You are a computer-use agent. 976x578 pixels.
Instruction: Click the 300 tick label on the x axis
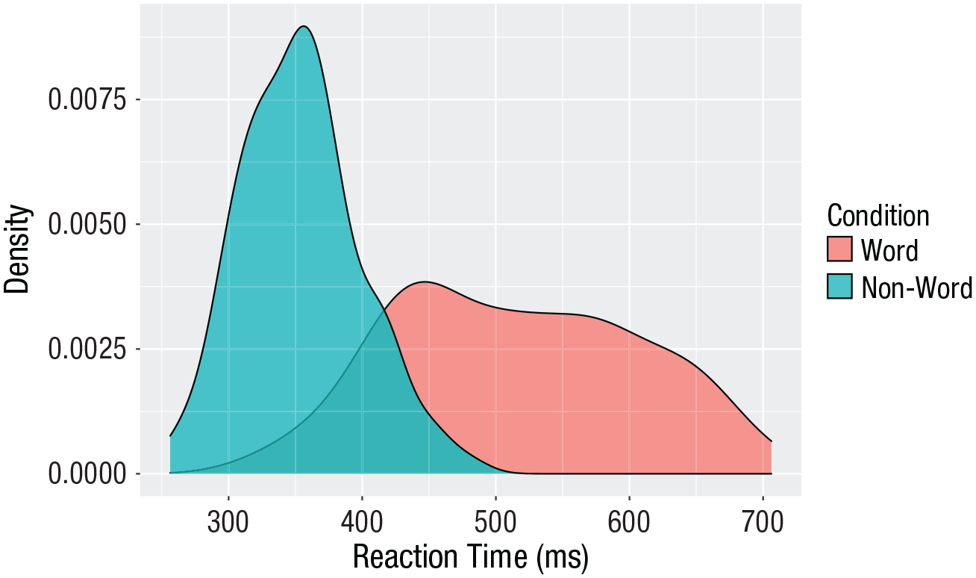[228, 522]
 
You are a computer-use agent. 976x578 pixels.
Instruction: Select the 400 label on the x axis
[362, 522]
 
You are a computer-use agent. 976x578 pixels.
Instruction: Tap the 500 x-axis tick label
[495, 522]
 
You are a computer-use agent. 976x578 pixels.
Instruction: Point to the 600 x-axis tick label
[629, 522]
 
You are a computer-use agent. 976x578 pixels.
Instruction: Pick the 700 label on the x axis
[763, 522]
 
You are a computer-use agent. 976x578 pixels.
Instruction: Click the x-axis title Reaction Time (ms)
[470, 558]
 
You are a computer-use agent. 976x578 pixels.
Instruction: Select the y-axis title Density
[18, 249]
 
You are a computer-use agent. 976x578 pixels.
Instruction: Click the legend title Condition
[878, 216]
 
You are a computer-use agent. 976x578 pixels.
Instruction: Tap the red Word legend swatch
[839, 249]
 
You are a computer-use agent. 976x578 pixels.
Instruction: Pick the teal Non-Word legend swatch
[839, 287]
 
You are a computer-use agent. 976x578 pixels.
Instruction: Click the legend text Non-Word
[916, 288]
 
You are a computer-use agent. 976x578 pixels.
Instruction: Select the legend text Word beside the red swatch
[889, 250]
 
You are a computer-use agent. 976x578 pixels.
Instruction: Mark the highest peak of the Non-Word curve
[303, 27]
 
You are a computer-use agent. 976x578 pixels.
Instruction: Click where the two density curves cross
[385, 308]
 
